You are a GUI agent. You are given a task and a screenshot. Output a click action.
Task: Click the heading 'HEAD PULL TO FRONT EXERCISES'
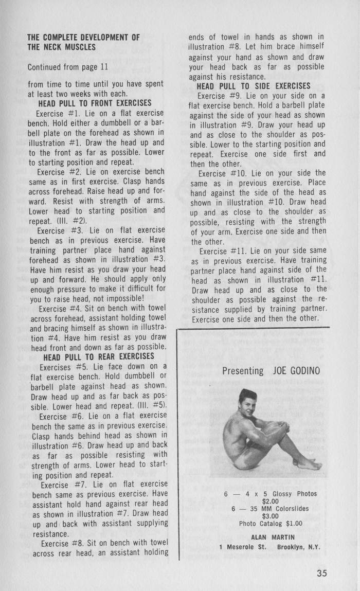pyautogui.click(x=95, y=103)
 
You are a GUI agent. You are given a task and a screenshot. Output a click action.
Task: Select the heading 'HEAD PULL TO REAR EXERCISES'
pyautogui.click(x=98, y=356)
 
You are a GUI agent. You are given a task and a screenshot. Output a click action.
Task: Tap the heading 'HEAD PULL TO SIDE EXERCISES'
pyautogui.click(x=254, y=86)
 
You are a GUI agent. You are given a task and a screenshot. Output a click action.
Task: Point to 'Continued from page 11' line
pyautogui.click(x=67, y=67)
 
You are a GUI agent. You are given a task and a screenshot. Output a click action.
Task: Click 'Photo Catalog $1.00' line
pyautogui.click(x=271, y=524)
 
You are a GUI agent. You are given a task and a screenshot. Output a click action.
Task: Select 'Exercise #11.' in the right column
pyautogui.click(x=220, y=252)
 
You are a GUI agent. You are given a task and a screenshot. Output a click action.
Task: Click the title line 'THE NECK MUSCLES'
pyautogui.click(x=61, y=47)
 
